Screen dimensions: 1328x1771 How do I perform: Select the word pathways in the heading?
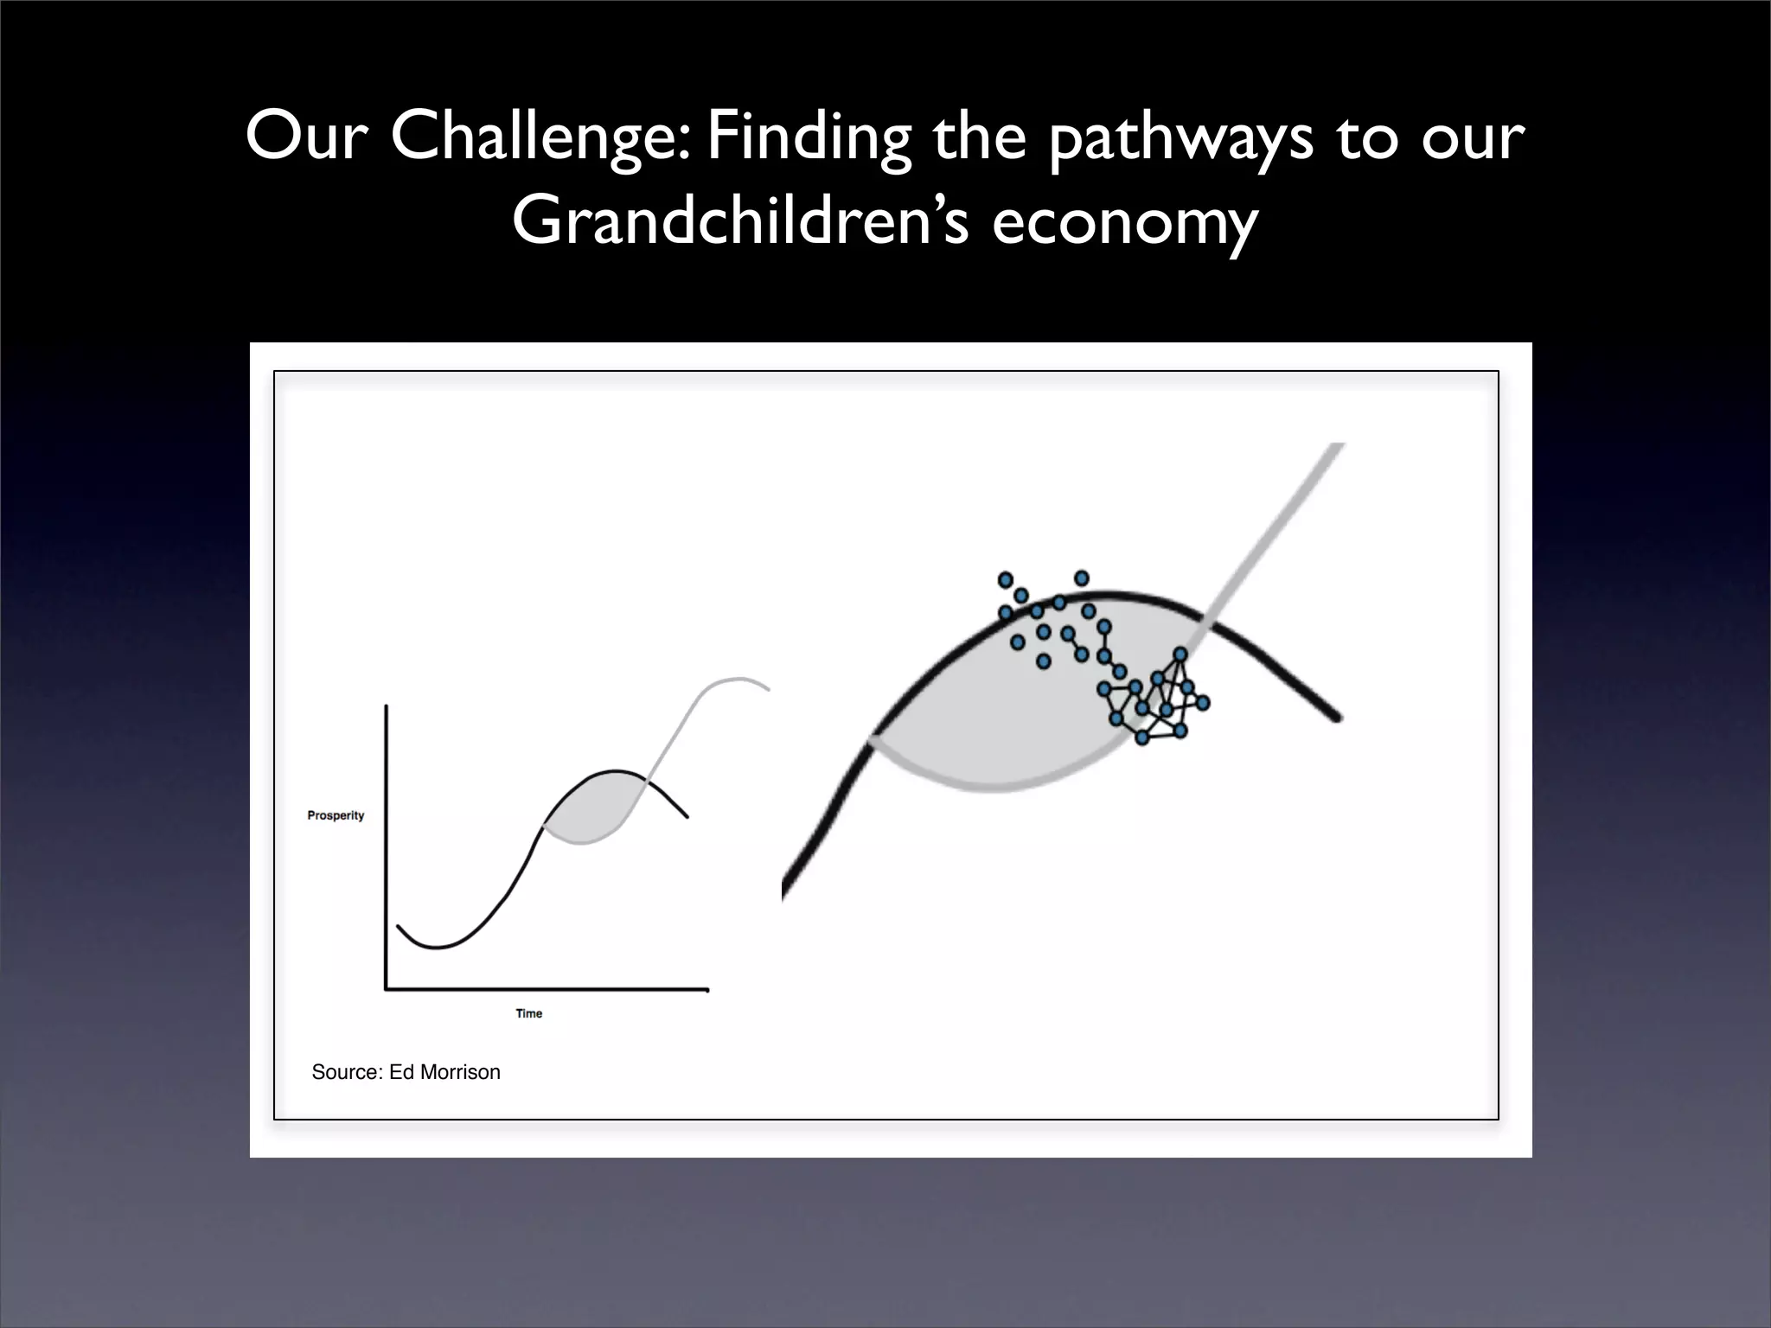1180,138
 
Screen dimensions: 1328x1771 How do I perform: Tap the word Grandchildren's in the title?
740,221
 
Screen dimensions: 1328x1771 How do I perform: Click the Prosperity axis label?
336,815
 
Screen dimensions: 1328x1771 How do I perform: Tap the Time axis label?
528,1013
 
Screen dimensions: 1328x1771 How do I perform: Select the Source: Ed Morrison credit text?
406,1072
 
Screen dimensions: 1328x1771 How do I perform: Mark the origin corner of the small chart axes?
386,989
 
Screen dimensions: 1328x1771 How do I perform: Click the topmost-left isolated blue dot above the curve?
1005,579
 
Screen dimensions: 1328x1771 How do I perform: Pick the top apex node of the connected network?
1180,654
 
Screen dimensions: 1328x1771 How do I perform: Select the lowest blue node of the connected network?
1141,737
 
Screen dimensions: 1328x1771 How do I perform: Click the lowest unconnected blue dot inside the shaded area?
1043,661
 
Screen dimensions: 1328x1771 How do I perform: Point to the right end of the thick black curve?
1337,718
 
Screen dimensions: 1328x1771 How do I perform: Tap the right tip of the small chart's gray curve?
768,689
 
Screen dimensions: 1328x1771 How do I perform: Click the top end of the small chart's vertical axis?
386,707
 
